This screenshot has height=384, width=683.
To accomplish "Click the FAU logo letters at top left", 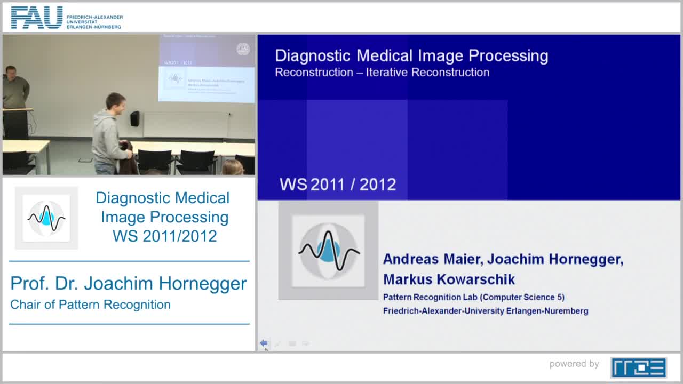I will pos(37,18).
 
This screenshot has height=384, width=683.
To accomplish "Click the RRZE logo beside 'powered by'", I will pos(638,367).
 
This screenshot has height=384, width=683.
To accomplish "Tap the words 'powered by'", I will pos(574,364).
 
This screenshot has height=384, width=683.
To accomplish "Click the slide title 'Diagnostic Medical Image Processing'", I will pos(411,56).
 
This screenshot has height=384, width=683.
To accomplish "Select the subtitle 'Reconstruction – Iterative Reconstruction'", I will pos(382,72).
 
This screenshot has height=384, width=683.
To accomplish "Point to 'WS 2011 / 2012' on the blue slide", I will pos(338,185).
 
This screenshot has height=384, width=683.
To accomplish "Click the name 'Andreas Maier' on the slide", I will pos(431,259).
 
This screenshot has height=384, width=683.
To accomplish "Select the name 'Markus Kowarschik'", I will pos(449,279).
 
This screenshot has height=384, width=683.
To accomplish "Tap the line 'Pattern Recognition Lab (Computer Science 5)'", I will pos(473,297).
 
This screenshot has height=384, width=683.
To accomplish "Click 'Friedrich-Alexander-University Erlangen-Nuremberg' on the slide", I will pos(486,310).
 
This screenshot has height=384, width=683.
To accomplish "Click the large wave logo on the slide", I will pos(328,250).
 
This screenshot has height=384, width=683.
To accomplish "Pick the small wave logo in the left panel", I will pos(46,218).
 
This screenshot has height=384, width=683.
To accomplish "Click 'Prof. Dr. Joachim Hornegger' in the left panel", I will pos(129,283).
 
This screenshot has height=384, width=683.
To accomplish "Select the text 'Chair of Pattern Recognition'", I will pos(91,305).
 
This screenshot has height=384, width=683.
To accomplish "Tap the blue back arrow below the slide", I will pos(264,343).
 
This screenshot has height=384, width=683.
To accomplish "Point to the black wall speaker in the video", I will pos(134,118).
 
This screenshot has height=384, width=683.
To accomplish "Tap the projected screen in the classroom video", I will pos(207,69).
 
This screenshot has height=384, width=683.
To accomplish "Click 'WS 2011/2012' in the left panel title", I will pos(164,236).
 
